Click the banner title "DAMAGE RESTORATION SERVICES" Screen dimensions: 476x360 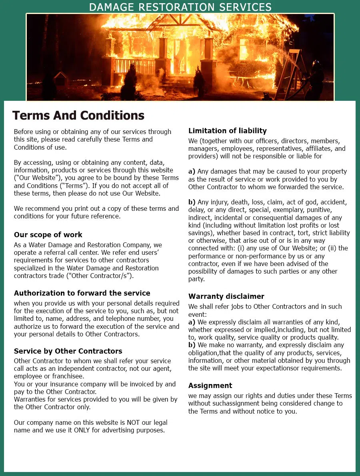point(180,7)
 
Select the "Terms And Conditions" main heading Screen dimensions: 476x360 point(78,115)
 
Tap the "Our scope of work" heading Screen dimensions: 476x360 point(48,235)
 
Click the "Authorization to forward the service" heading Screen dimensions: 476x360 point(82,293)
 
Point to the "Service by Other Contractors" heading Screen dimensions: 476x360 point(68,351)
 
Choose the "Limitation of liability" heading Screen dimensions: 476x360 point(227,131)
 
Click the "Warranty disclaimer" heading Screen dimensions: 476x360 point(226,296)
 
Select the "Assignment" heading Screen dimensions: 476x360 point(210,386)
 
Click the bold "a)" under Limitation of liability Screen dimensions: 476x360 point(192,172)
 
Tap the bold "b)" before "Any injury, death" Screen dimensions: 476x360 point(192,202)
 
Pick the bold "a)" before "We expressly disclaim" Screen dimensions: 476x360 point(192,322)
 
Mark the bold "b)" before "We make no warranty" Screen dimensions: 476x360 point(192,345)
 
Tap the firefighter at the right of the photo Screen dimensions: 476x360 point(316,80)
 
